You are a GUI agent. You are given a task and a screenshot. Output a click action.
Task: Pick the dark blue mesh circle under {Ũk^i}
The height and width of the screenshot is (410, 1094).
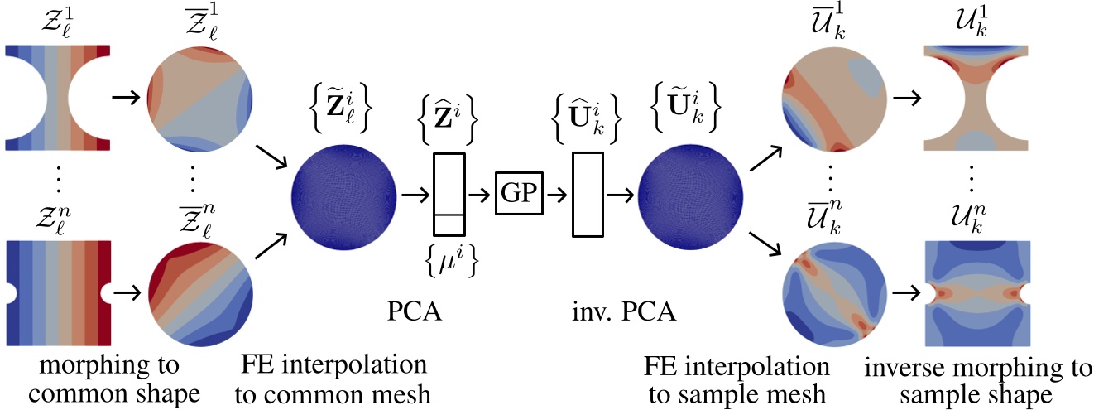click(x=689, y=196)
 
